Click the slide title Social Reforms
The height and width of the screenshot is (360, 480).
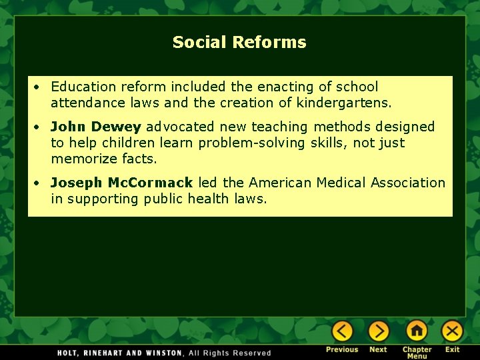click(x=239, y=42)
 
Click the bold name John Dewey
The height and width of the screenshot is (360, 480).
click(x=96, y=127)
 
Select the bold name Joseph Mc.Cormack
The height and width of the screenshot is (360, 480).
click(x=121, y=183)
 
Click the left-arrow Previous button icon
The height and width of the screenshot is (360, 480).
click(x=343, y=331)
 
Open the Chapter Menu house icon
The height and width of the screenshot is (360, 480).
click(x=417, y=331)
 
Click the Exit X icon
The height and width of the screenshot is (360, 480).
click(x=452, y=331)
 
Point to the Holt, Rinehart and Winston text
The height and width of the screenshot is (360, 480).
click(x=119, y=353)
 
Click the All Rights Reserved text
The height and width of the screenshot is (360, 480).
click(x=230, y=353)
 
